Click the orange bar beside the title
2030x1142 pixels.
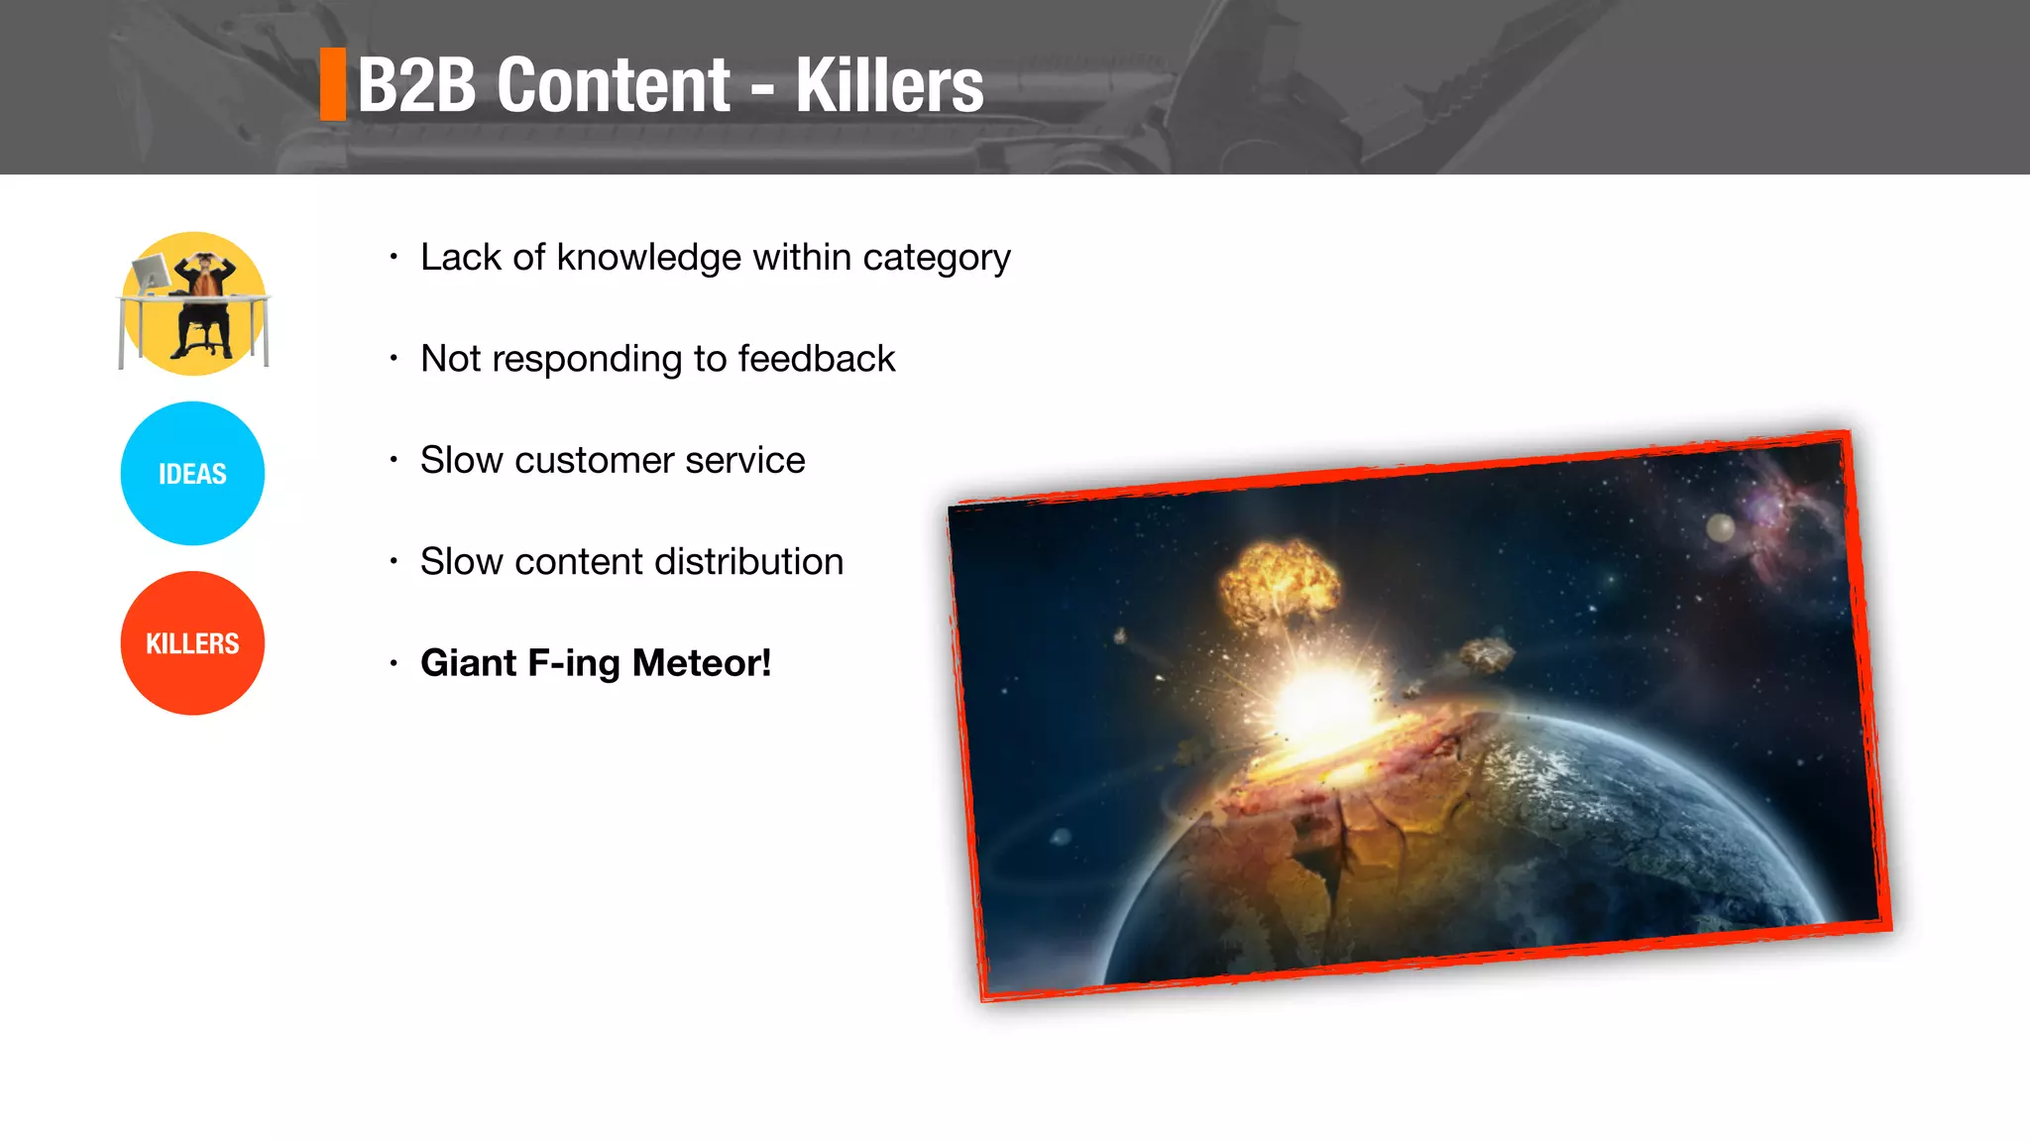(333, 84)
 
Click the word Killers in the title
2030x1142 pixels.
(889, 86)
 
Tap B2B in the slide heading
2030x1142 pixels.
(417, 86)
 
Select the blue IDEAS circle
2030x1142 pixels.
(192, 474)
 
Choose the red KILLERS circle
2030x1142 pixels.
(192, 643)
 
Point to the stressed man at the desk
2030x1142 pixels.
(204, 302)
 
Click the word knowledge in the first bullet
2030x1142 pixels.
(648, 258)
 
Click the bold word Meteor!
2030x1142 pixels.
(701, 663)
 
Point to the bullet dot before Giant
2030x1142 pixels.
(394, 663)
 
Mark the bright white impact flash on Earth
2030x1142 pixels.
(1323, 700)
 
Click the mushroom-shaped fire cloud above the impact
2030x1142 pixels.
(1279, 585)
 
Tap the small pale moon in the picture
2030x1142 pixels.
(1720, 527)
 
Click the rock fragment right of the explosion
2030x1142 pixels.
(1487, 654)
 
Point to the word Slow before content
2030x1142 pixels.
(461, 562)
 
